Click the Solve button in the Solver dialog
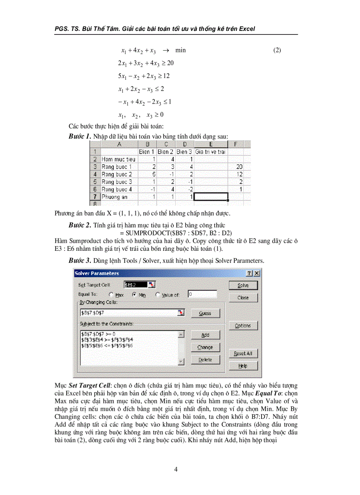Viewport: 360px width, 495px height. click(x=243, y=285)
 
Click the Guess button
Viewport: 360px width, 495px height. click(x=205, y=313)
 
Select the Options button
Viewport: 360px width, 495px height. click(x=243, y=325)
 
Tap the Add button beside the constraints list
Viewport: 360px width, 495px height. click(x=205, y=335)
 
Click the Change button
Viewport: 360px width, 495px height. click(x=205, y=347)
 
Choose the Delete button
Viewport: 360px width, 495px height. click(x=205, y=360)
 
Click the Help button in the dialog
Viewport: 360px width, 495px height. click(x=243, y=366)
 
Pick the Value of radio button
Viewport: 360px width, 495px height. click(x=158, y=295)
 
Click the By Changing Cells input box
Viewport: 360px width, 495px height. click(x=128, y=313)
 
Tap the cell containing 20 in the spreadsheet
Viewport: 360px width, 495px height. click(x=239, y=167)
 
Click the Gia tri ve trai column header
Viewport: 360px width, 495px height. click(x=211, y=152)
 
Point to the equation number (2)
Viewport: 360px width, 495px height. click(x=277, y=50)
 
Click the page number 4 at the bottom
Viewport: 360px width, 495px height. click(x=176, y=469)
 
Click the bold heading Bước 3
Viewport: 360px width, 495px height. click(x=80, y=261)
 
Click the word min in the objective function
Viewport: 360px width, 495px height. click(x=180, y=50)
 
